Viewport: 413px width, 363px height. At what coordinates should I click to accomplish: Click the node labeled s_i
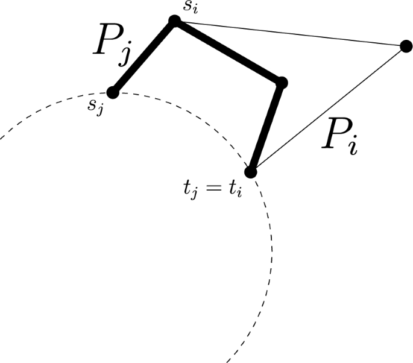(174, 22)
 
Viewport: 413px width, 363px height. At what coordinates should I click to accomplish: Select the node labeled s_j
(112, 92)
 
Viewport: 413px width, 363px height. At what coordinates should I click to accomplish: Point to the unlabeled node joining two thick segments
(280, 82)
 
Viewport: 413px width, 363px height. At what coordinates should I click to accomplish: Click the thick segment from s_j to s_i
(143, 57)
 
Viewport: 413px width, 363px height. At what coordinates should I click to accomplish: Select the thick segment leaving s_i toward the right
(227, 52)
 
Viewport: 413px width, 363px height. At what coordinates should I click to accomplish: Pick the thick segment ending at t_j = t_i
(266, 127)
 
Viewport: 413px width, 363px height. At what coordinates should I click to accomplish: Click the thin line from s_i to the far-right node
(289, 34)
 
